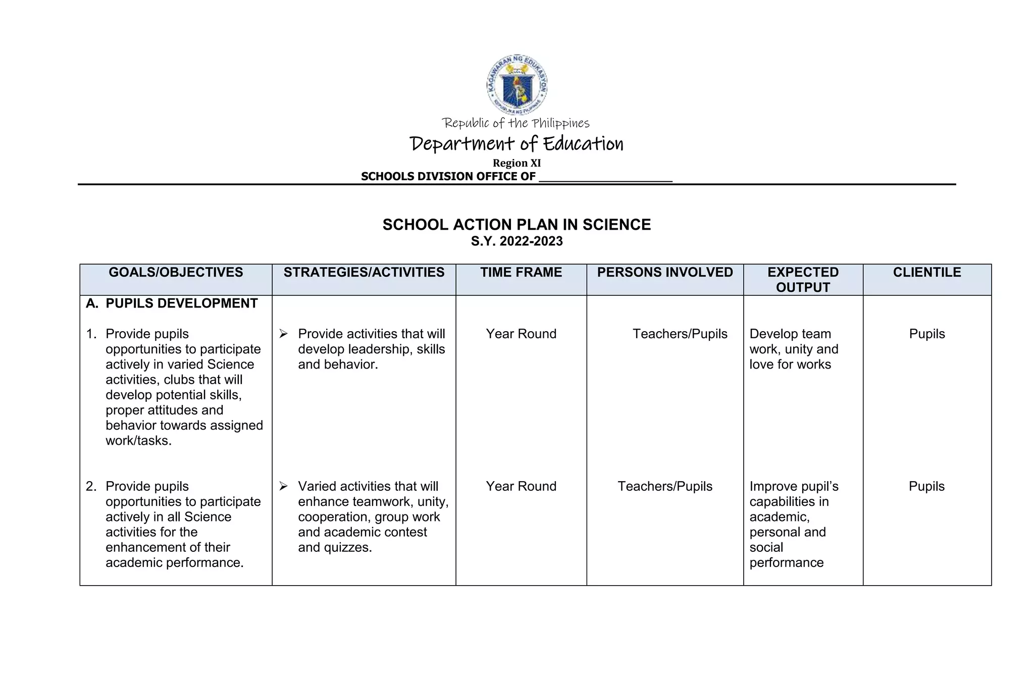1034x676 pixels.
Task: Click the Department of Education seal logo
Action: tap(516, 85)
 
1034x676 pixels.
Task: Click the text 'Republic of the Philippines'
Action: tap(515, 123)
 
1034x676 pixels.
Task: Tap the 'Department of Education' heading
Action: tap(516, 144)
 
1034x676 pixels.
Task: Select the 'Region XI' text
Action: tap(516, 163)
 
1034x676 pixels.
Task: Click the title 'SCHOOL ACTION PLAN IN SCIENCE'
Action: tap(516, 225)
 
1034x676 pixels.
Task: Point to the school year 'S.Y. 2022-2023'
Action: tap(516, 241)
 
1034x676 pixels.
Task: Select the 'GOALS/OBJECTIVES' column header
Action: tap(176, 273)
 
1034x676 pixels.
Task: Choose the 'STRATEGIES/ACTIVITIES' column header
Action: tap(364, 273)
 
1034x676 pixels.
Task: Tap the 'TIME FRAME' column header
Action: tap(521, 273)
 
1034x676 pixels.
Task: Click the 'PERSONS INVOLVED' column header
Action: tap(664, 273)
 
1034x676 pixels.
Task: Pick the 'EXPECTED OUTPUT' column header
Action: tap(803, 280)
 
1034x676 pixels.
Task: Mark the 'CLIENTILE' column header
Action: tap(926, 273)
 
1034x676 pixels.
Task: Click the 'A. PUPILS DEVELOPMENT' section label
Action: tap(172, 303)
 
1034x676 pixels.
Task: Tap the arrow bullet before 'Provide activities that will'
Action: tap(283, 334)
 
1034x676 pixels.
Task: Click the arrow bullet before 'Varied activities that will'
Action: tap(283, 486)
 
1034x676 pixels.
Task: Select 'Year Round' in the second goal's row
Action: tap(521, 486)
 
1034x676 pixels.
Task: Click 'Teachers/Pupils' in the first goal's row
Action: tap(680, 334)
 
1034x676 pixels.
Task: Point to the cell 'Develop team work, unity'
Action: tap(793, 349)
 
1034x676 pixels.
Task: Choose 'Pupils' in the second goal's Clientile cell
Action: tap(926, 486)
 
